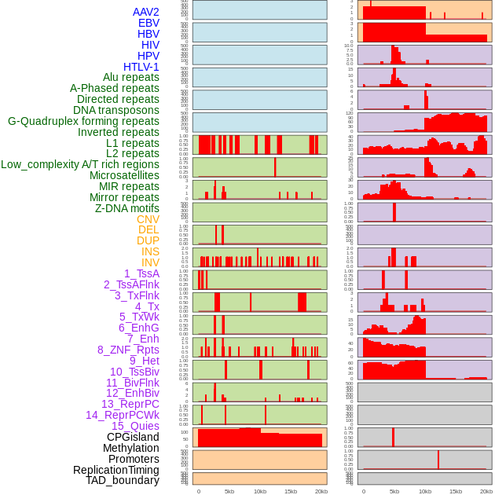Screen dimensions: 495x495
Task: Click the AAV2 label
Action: pyautogui.click(x=146, y=12)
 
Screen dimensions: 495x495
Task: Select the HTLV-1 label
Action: pyautogui.click(x=141, y=67)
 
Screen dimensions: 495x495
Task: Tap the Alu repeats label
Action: pyautogui.click(x=131, y=77)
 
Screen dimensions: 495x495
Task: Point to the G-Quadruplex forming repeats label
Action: pyautogui.click(x=84, y=121)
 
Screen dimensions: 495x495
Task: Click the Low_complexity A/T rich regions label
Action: pyautogui.click(x=80, y=164)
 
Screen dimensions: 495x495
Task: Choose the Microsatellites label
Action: pyautogui.click(x=124, y=175)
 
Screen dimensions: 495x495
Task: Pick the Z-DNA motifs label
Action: pyautogui.click(x=127, y=208)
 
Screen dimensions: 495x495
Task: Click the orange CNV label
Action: pyautogui.click(x=148, y=219)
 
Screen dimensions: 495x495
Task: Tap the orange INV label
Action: pyautogui.click(x=150, y=262)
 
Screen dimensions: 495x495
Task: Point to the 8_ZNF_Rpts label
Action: pyautogui.click(x=128, y=350)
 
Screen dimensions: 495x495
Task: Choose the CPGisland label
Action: pyautogui.click(x=133, y=437)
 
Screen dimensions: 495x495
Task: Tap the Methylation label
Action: pyautogui.click(x=130, y=448)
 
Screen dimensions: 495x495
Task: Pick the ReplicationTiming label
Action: pyautogui.click(x=116, y=470)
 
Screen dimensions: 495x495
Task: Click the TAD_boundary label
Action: pyautogui.click(x=123, y=480)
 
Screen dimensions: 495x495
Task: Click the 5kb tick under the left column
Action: pyautogui.click(x=229, y=491)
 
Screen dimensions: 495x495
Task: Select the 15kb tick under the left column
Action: pyautogui.click(x=291, y=491)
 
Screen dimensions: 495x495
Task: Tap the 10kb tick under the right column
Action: pyautogui.click(x=425, y=491)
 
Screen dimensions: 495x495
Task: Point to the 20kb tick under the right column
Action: pyautogui.click(x=486, y=491)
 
